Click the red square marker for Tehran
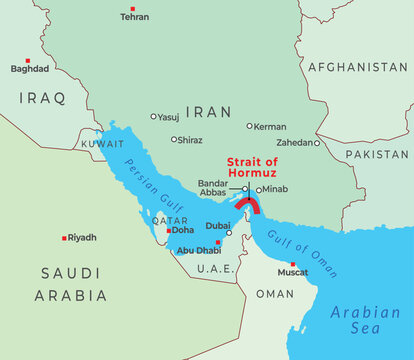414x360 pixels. (x=133, y=8)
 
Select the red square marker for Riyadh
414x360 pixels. (x=65, y=238)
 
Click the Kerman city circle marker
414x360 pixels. (x=250, y=126)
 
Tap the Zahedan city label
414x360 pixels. (x=294, y=143)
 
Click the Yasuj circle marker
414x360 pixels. (x=153, y=116)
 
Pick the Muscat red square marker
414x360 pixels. (x=292, y=264)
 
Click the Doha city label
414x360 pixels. (x=183, y=230)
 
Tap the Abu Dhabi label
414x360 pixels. (x=198, y=251)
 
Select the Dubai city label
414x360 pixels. (x=218, y=226)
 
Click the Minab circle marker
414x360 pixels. (x=258, y=189)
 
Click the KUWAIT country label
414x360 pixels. (x=77, y=144)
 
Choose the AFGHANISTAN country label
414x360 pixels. (x=357, y=67)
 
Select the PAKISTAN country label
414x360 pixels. (x=377, y=155)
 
